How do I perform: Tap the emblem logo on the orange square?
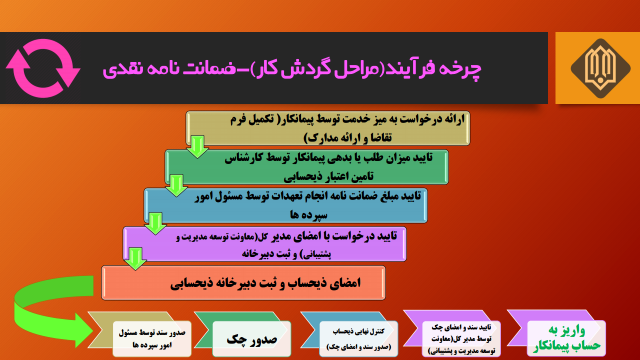(x=600, y=68)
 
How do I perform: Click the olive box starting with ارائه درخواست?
(x=327, y=128)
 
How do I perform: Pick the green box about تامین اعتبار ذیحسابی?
(x=306, y=167)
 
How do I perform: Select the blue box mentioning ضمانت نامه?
(x=285, y=205)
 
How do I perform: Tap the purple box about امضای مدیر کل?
(x=264, y=244)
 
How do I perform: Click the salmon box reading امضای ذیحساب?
(x=243, y=283)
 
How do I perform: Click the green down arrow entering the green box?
(x=197, y=147)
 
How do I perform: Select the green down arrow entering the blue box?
(x=176, y=185)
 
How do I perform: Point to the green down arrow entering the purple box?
(x=155, y=223)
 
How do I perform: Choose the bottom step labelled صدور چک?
(x=243, y=334)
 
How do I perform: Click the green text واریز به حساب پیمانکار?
(x=566, y=338)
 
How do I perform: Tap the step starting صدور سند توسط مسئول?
(x=139, y=334)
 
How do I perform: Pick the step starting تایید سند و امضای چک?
(x=452, y=333)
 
